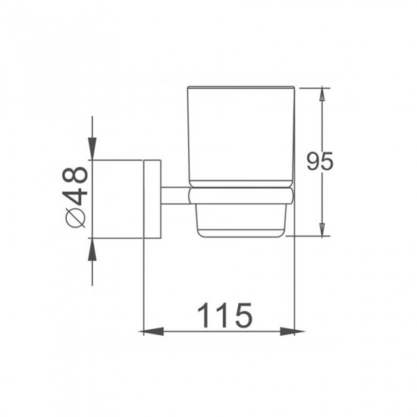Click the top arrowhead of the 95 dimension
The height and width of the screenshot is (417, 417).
tap(324, 94)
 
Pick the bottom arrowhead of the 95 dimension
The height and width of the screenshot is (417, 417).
tap(324, 229)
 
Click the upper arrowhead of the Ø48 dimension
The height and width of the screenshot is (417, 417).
tap(92, 152)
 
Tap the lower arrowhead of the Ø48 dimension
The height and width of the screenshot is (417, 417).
tap(92, 247)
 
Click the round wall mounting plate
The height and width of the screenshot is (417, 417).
tap(152, 199)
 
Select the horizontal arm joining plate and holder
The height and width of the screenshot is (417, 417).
tap(174, 196)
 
